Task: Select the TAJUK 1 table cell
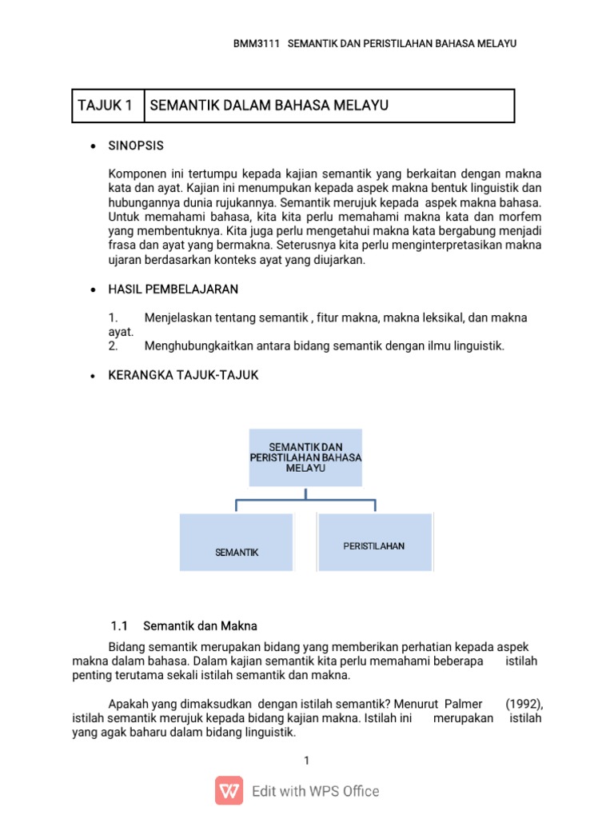point(107,106)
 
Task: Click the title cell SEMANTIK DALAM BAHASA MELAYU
point(269,106)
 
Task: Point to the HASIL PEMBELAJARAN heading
point(173,288)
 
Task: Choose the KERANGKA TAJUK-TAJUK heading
point(183,375)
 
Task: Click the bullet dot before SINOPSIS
point(94,147)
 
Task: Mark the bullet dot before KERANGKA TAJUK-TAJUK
point(94,376)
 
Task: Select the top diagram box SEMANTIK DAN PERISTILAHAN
point(305,457)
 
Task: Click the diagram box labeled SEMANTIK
point(237,543)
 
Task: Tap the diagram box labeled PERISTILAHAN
point(374,542)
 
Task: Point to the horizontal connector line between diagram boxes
point(305,501)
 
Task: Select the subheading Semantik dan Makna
point(205,625)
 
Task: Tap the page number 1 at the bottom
point(306,761)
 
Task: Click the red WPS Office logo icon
point(229,790)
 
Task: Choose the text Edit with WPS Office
point(316,791)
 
